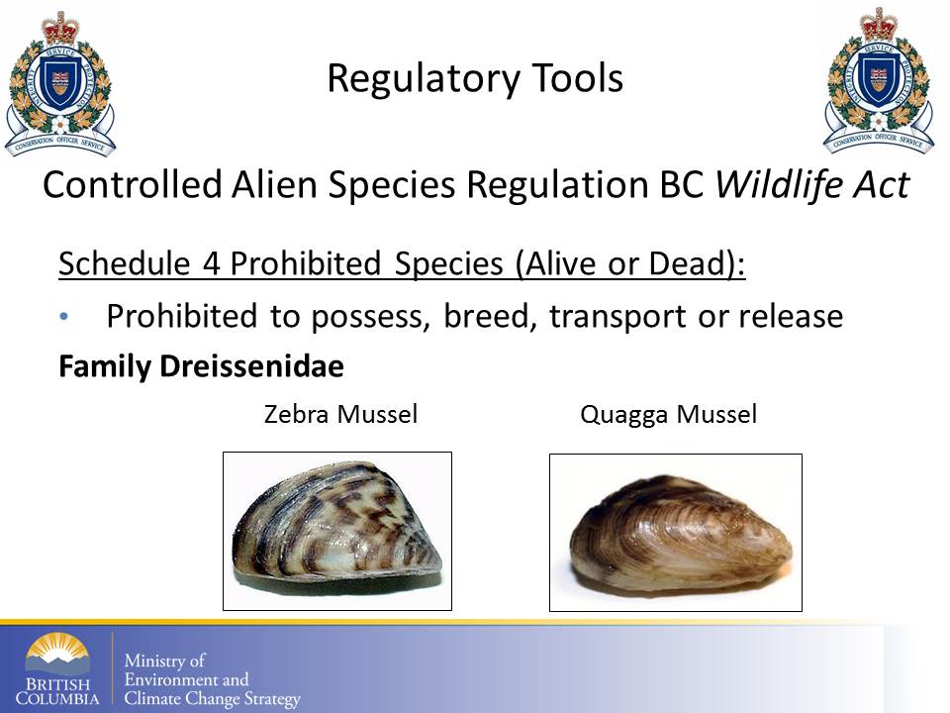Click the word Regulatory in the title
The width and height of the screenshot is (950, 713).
coord(424,79)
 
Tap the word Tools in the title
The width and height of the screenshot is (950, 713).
coord(577,78)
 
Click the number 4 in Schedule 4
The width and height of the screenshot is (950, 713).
coord(211,263)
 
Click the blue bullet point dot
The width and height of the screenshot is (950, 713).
coord(64,316)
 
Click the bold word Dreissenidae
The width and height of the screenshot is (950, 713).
coord(252,366)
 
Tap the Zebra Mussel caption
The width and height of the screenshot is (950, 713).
coord(341,414)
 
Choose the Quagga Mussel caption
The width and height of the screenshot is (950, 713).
coord(668,415)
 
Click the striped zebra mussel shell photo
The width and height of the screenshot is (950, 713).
coord(337,531)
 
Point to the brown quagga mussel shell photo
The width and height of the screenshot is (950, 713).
coord(676,533)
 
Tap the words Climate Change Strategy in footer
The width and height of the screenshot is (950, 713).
coord(212,699)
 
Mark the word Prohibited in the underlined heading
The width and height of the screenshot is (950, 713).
coord(306,263)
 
